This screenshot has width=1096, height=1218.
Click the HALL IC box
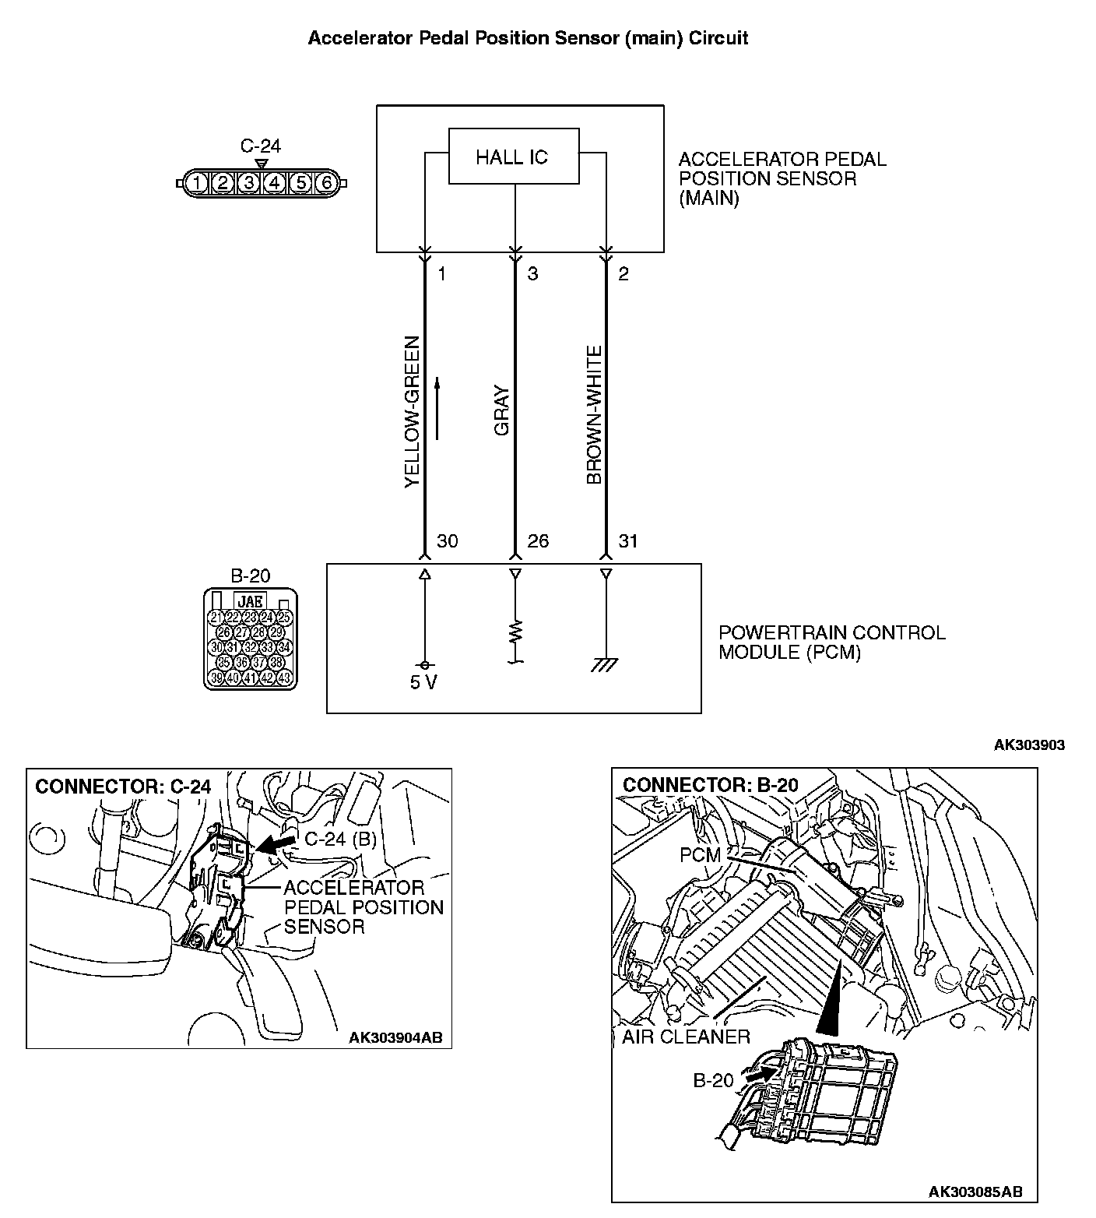(x=514, y=157)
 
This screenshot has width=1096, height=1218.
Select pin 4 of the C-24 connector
(x=274, y=184)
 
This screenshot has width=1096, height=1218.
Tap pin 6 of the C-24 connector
(x=326, y=184)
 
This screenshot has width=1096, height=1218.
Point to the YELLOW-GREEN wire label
(x=412, y=412)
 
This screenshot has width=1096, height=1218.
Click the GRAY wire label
(x=502, y=411)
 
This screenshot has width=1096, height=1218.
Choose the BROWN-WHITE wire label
(x=595, y=416)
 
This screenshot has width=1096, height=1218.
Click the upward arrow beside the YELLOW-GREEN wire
(x=437, y=408)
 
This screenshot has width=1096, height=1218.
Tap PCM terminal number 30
(x=448, y=540)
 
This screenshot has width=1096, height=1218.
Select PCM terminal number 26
(x=538, y=540)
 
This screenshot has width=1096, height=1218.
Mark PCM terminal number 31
(x=627, y=540)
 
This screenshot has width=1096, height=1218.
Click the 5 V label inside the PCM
(x=423, y=683)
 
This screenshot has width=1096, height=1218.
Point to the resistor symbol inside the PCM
(x=515, y=632)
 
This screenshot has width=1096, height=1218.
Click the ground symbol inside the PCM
(x=605, y=664)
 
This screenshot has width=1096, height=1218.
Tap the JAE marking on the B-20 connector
(x=249, y=601)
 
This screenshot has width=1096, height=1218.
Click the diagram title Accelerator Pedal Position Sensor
(x=528, y=38)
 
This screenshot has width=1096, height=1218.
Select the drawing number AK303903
(x=1029, y=745)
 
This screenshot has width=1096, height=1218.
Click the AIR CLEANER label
(x=686, y=1037)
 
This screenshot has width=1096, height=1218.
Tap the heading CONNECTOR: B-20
(x=710, y=785)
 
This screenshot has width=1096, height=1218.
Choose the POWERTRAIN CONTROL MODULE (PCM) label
(x=831, y=642)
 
